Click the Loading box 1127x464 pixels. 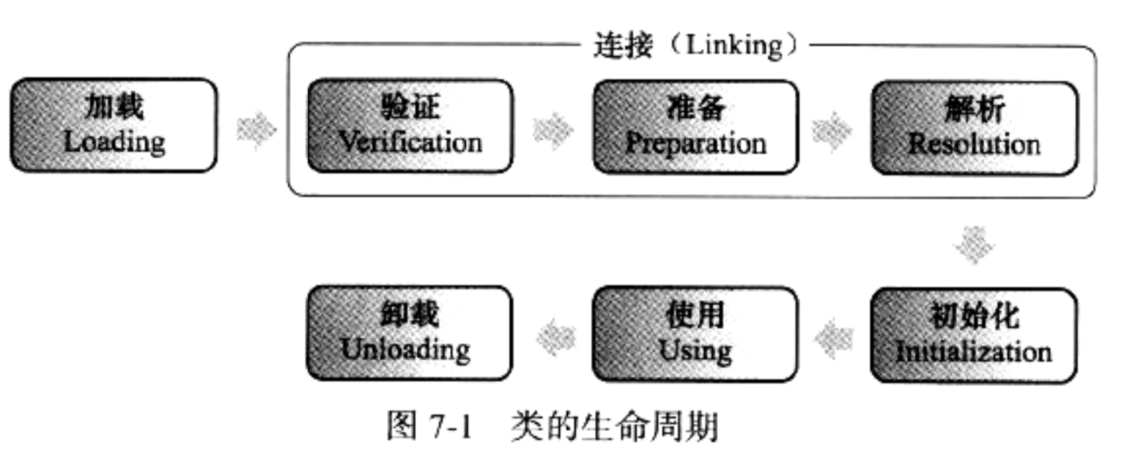point(114,125)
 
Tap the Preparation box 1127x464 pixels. point(695,127)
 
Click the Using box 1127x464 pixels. point(695,334)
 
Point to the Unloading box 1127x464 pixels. point(410,333)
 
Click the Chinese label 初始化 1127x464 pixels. point(974,317)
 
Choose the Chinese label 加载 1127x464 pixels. point(114,107)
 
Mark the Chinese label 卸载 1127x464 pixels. point(410,314)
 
